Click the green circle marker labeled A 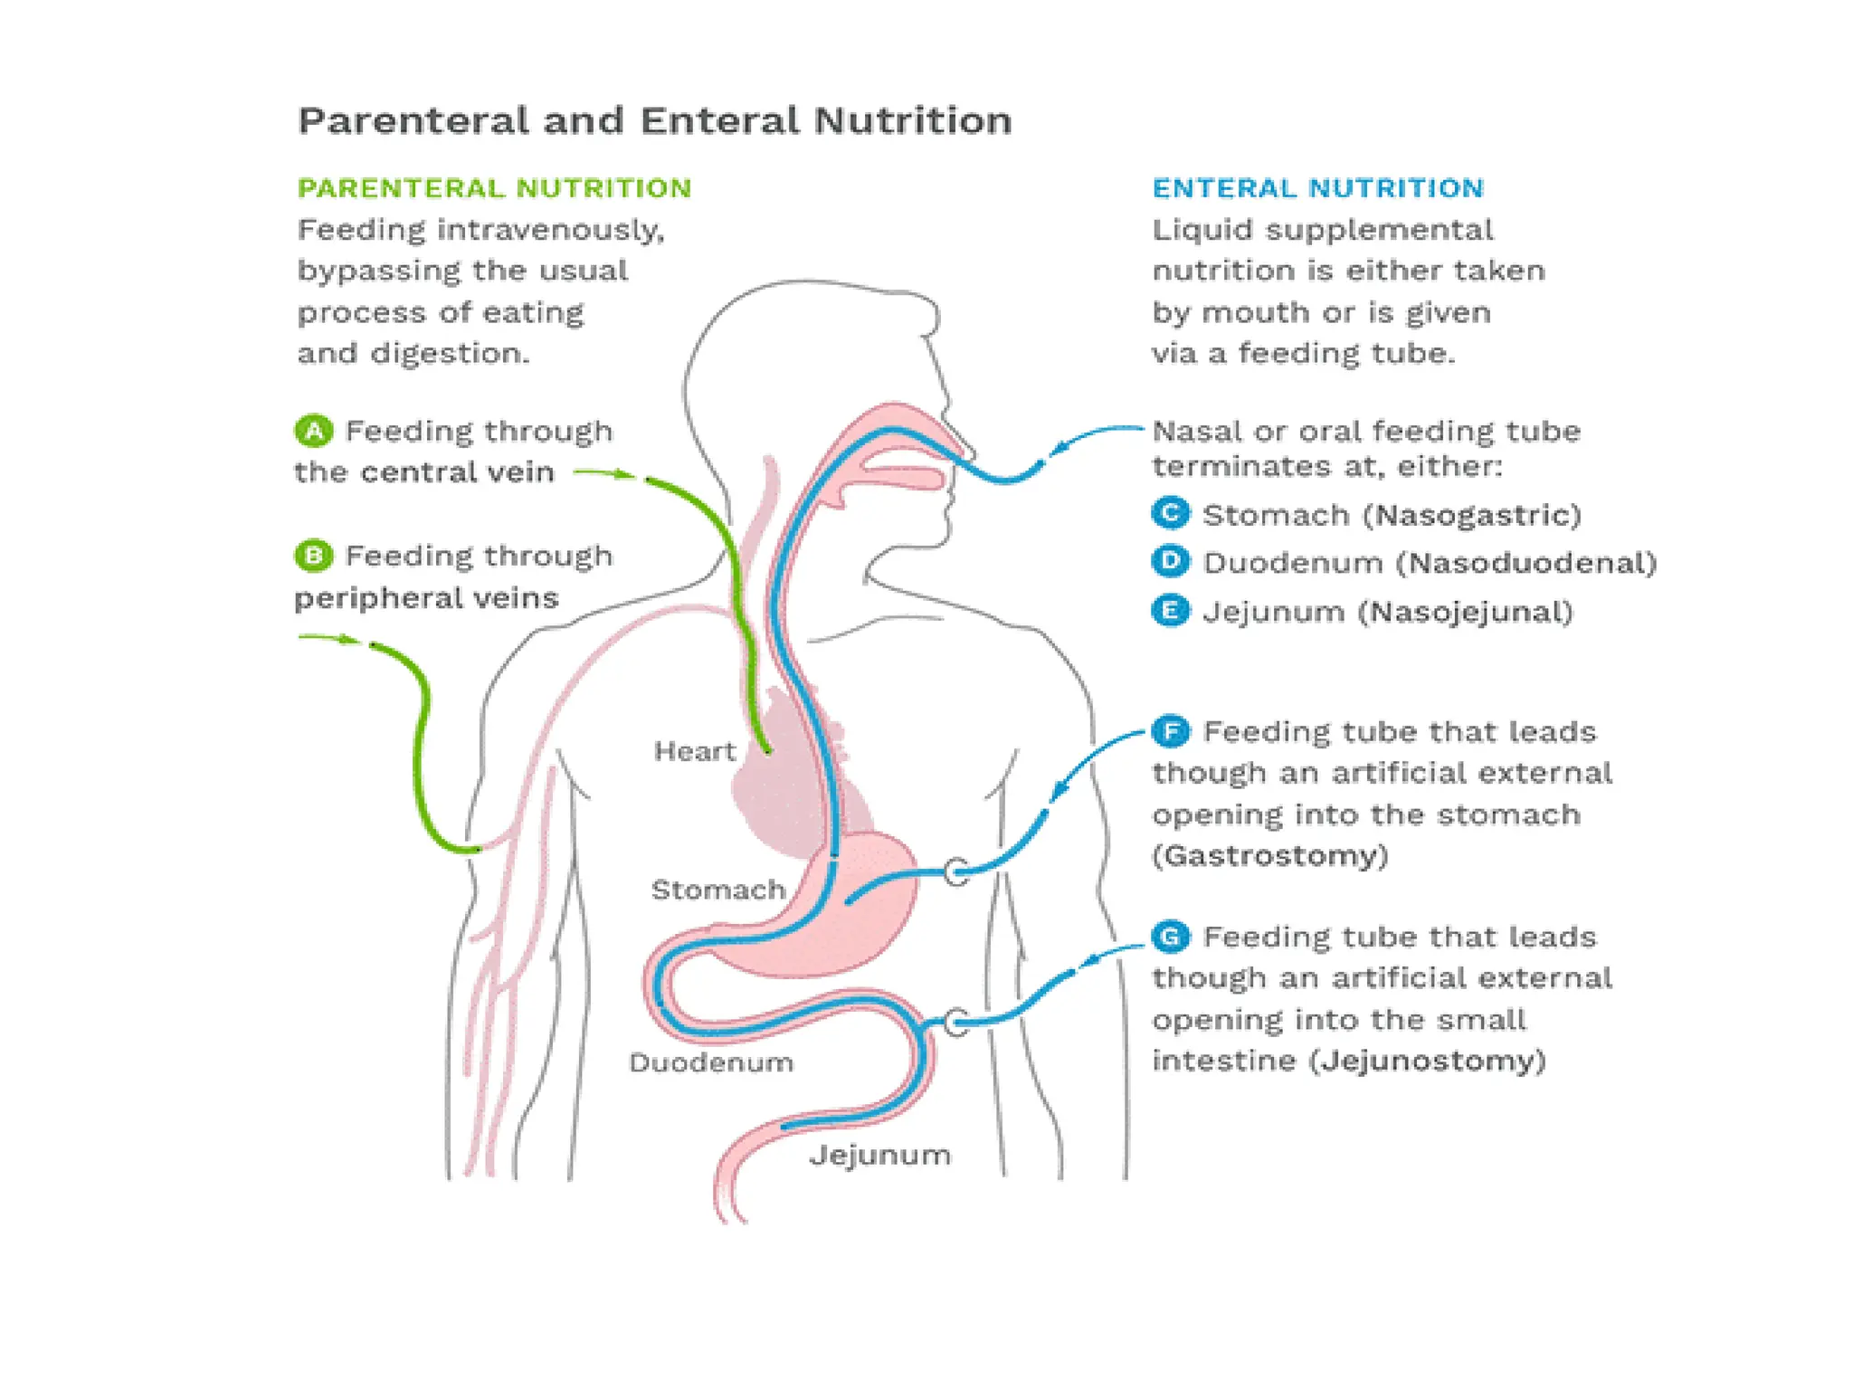314,431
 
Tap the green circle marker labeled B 314,555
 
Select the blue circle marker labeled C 1170,513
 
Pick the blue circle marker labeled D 1170,561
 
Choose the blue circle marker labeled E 1170,610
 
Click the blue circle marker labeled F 1171,730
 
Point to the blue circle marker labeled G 1171,936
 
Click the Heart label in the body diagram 694,751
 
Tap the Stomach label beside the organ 717,890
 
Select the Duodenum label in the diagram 711,1062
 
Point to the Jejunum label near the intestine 879,1155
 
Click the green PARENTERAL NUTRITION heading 494,188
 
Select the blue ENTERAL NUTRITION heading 1317,188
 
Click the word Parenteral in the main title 413,120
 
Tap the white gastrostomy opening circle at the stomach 956,872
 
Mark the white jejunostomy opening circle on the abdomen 956,1023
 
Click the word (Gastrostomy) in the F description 1269,855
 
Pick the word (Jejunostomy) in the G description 1427,1060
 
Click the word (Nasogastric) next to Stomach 1472,515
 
